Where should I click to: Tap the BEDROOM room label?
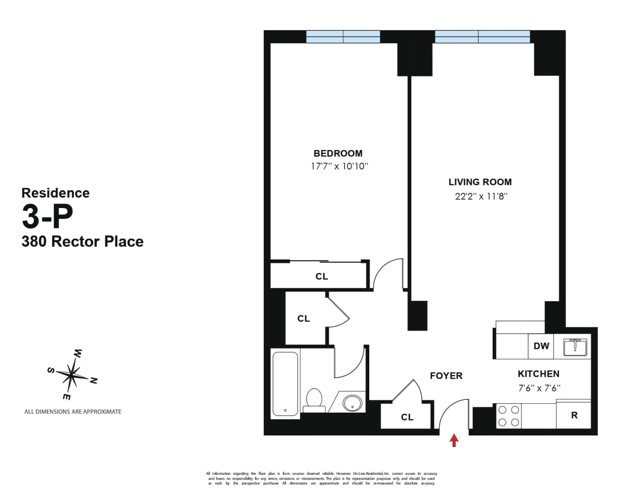338,153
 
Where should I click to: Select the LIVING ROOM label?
480,182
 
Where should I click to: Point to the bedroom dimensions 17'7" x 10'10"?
339,166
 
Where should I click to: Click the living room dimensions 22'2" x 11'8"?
481,196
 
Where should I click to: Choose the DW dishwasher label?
541,346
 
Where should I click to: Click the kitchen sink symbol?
575,347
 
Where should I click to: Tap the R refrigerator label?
574,416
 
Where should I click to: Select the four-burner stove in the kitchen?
508,416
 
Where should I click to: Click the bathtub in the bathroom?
285,384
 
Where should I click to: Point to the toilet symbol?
314,400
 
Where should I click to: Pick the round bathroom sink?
352,403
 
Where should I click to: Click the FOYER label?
446,376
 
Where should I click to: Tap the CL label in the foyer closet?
407,417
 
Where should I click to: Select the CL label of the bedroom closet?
321,277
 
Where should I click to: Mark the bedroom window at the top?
343,36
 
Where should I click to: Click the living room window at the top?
482,36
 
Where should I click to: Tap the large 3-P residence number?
47,216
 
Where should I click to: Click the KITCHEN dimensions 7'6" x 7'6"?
539,388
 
